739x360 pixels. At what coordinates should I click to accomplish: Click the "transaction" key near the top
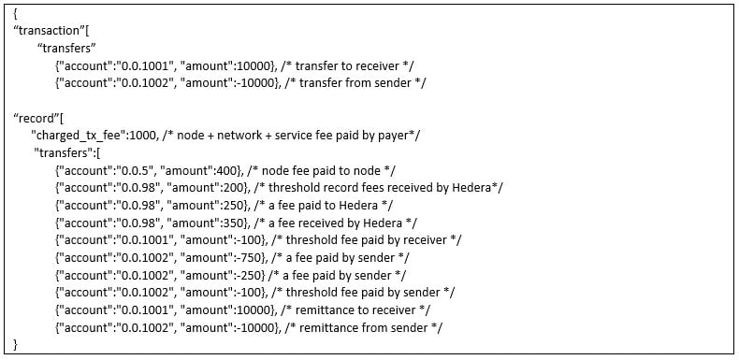click(49, 31)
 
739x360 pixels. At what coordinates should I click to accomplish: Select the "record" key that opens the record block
click(36, 118)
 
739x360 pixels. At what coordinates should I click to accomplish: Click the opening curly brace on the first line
click(17, 14)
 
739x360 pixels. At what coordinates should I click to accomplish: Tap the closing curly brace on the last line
click(17, 344)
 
